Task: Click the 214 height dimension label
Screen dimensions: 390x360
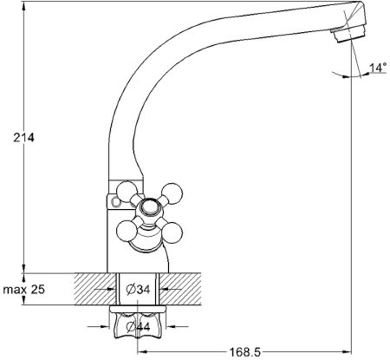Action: pos(23,137)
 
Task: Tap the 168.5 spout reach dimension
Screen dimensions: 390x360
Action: pos(245,352)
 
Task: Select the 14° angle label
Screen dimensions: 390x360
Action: pos(378,68)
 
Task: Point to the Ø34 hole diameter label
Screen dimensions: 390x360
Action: pos(139,289)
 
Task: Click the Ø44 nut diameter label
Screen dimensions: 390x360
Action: pos(139,327)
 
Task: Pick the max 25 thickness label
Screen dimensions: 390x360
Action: pos(24,289)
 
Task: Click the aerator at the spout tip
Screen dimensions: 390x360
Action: pos(348,33)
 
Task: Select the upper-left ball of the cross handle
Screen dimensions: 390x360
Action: pos(127,191)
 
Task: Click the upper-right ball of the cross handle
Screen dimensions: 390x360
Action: pos(172,193)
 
